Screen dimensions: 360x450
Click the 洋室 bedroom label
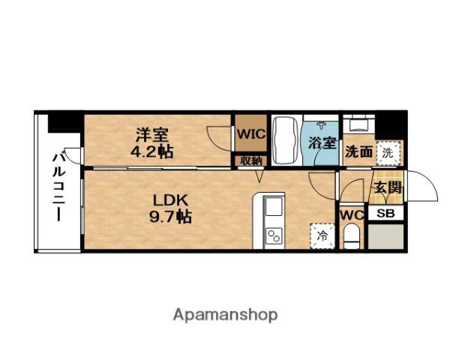(151, 135)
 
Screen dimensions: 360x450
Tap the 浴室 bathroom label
(322, 142)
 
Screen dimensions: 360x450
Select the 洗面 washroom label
(358, 151)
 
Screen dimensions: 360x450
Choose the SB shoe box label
(386, 214)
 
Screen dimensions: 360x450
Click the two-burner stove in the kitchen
(274, 236)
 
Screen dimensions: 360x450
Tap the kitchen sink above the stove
(274, 207)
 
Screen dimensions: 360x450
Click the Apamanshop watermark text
(225, 314)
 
